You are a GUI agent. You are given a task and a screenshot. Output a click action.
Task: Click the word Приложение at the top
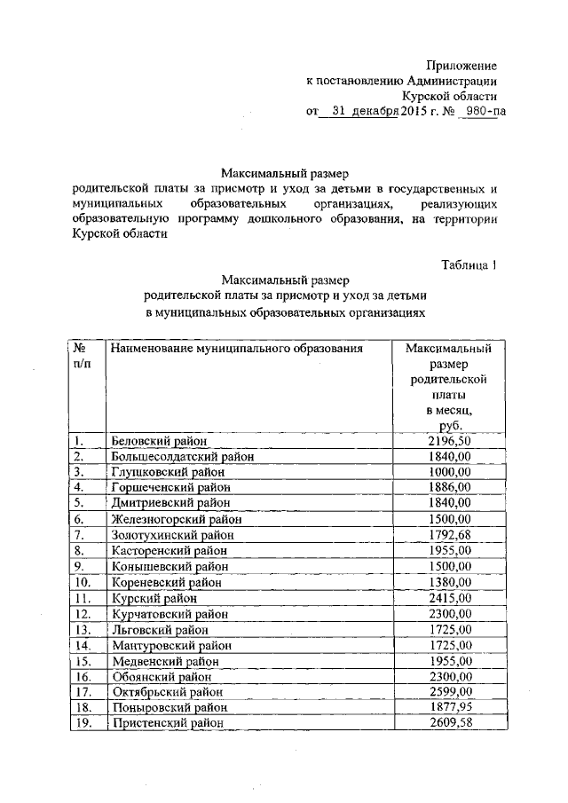[461, 66]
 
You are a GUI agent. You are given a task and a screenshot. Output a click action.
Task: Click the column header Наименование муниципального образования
[237, 349]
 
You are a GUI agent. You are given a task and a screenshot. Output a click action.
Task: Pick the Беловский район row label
[159, 441]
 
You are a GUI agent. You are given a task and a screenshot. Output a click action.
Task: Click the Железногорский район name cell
[176, 518]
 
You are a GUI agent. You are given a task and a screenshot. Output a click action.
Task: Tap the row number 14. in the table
[83, 645]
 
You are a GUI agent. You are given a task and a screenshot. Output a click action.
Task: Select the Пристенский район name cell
[167, 723]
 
